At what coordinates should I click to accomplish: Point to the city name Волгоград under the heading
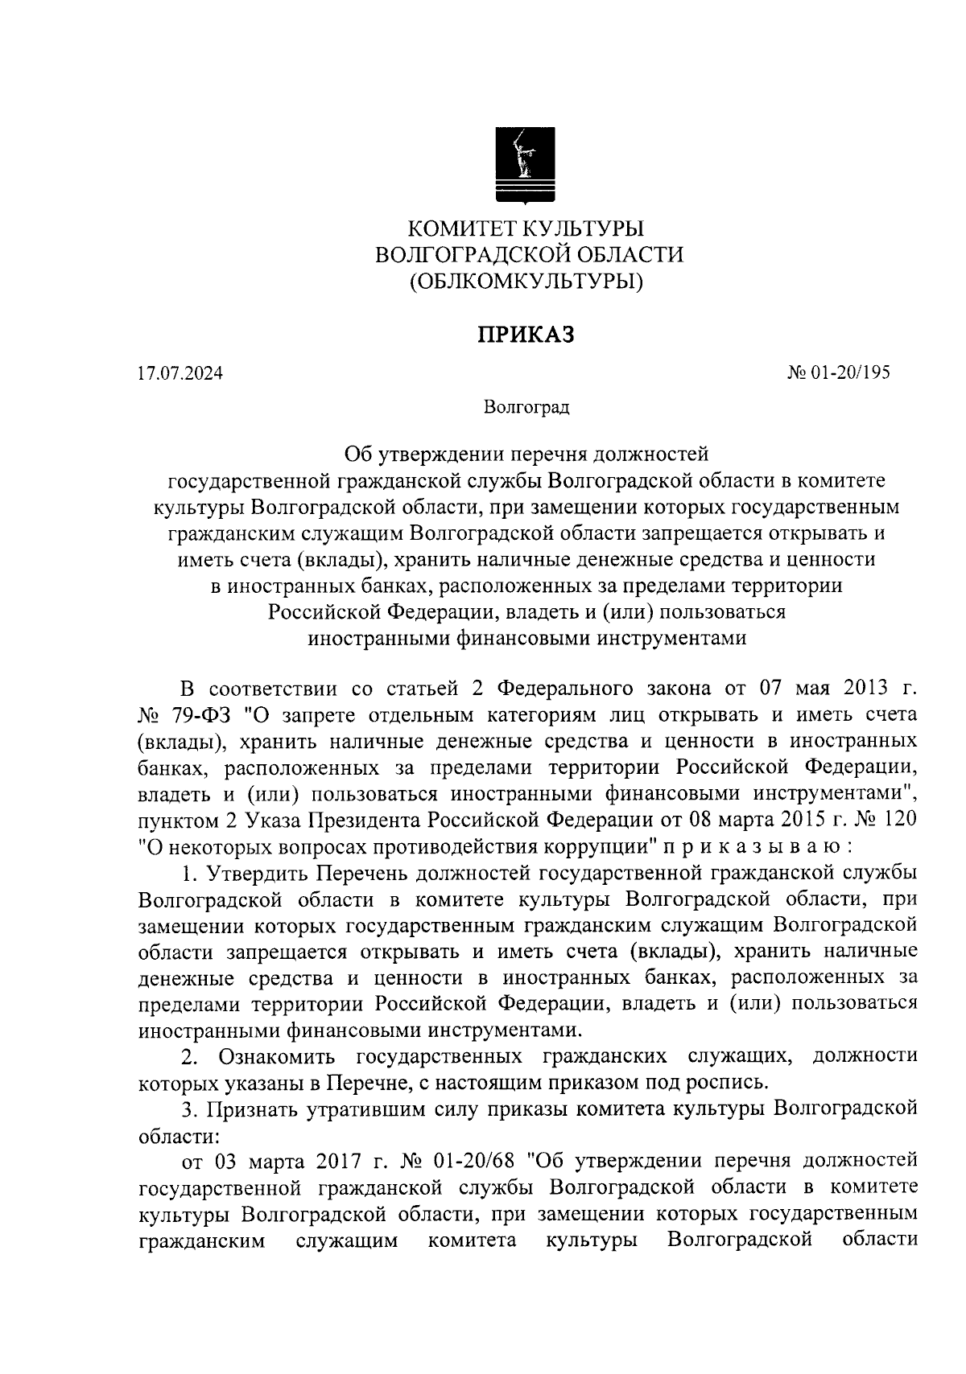[526, 407]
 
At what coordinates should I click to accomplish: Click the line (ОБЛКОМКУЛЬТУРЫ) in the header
[526, 282]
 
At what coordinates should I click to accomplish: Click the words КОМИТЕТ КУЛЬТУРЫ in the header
[526, 228]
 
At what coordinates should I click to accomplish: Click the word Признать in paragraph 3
[251, 1109]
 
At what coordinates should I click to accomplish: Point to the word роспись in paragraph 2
[721, 1083]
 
